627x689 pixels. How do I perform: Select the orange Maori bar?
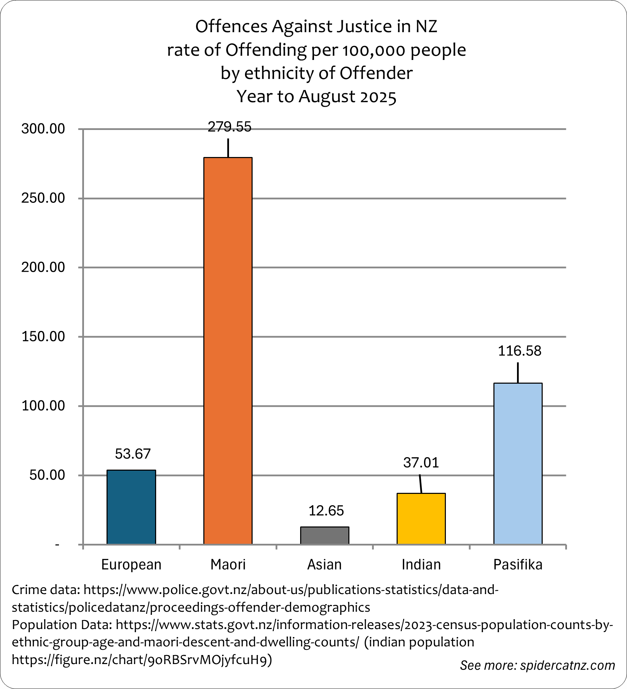tap(228, 350)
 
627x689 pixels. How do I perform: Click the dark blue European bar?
tap(131, 507)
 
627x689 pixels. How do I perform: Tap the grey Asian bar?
tap(324, 535)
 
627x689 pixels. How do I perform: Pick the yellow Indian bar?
tap(421, 518)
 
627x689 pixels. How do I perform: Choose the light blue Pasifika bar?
tap(518, 463)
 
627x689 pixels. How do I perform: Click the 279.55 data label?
tap(229, 127)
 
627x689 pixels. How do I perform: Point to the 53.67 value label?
tap(133, 454)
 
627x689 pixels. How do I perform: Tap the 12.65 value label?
tap(326, 511)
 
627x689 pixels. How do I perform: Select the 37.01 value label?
tap(421, 462)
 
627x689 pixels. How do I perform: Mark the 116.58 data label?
tap(519, 351)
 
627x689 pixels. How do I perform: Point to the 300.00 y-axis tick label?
tap(43, 129)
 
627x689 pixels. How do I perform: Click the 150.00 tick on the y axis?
tap(43, 337)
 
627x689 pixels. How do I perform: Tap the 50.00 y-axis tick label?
tap(47, 475)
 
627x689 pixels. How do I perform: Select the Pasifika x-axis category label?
tap(518, 565)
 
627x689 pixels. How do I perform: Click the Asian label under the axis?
tap(324, 565)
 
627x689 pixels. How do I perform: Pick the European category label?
tap(131, 565)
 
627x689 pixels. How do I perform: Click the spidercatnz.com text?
tap(567, 665)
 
